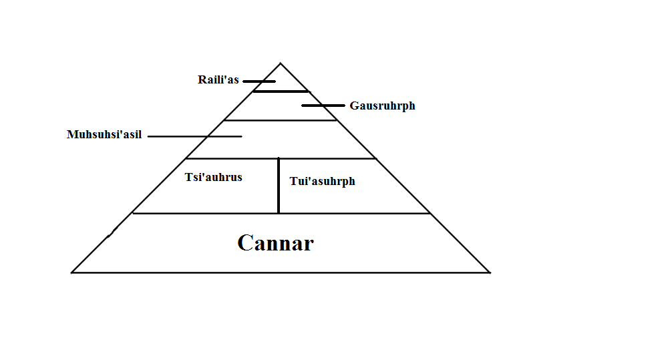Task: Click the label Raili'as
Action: coord(218,80)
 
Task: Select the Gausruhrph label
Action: coord(382,106)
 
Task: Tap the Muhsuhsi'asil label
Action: coord(104,135)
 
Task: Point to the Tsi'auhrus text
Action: coord(213,178)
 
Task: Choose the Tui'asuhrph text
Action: coord(322,181)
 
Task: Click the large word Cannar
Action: coord(275,243)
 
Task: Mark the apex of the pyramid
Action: coord(280,63)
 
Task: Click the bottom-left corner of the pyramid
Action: coord(72,272)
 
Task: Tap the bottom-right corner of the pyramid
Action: coord(490,272)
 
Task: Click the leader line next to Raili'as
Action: coord(259,81)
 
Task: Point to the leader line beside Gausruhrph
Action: coord(323,106)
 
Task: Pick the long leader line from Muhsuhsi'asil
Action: coord(194,136)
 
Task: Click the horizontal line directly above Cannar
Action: coord(281,213)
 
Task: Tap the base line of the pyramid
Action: coord(281,272)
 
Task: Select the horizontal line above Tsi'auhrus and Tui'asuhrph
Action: coord(281,158)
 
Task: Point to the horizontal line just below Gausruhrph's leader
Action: coord(281,120)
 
